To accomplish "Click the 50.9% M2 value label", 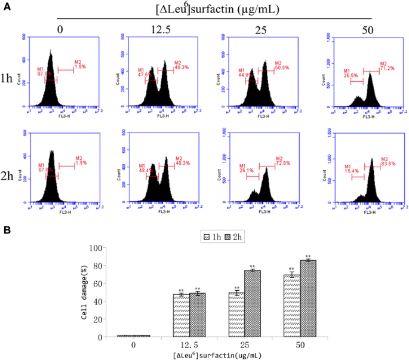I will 281,68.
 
